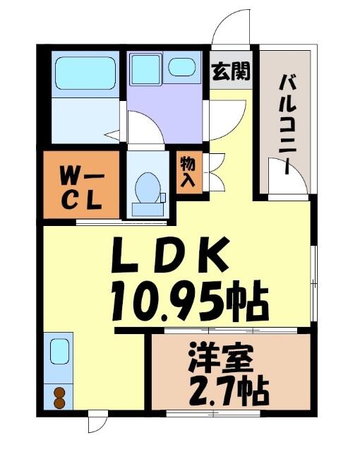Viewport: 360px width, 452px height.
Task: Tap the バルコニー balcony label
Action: point(287,124)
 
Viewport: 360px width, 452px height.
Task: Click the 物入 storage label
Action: point(188,172)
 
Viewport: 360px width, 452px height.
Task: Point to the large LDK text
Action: point(171,254)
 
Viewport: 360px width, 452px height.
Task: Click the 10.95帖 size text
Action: point(190,302)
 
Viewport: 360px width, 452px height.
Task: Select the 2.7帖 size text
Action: point(229,391)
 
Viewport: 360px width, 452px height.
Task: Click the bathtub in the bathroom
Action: point(85,73)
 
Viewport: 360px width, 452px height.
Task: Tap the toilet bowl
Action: point(148,188)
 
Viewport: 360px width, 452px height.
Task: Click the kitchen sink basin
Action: point(59,352)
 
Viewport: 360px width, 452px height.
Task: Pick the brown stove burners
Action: point(59,398)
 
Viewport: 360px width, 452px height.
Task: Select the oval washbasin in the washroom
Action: point(182,68)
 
